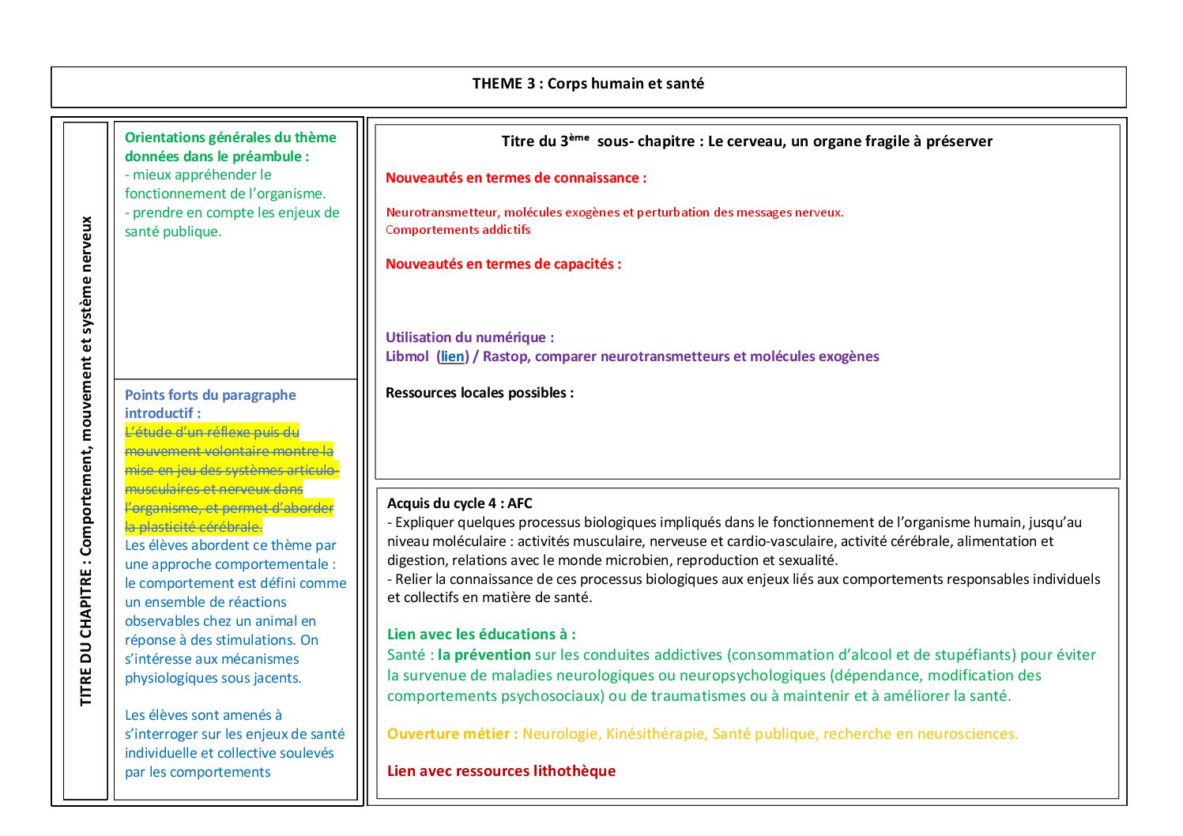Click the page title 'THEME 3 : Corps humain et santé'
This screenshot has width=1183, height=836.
click(588, 84)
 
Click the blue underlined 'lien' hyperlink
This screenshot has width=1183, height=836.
click(453, 356)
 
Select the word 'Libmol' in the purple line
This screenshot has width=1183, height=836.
click(407, 356)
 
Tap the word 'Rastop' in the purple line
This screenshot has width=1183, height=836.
click(505, 356)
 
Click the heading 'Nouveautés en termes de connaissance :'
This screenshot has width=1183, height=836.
click(515, 178)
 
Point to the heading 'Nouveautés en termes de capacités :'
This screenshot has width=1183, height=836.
click(503, 264)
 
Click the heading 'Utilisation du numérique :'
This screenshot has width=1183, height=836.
click(469, 337)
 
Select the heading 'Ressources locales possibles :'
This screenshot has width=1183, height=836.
click(479, 393)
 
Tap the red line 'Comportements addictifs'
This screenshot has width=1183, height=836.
click(458, 230)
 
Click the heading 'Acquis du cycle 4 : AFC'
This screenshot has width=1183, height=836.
click(459, 503)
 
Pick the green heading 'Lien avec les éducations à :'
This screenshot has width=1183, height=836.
click(480, 634)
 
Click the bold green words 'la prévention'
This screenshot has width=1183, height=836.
click(484, 655)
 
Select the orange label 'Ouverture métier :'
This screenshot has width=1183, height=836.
click(452, 734)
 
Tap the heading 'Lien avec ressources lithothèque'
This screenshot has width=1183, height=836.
click(501, 771)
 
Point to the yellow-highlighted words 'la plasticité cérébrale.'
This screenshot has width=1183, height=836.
click(194, 527)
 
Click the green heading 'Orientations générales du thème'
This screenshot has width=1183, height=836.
click(230, 137)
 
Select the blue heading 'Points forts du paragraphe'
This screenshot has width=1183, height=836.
click(210, 395)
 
